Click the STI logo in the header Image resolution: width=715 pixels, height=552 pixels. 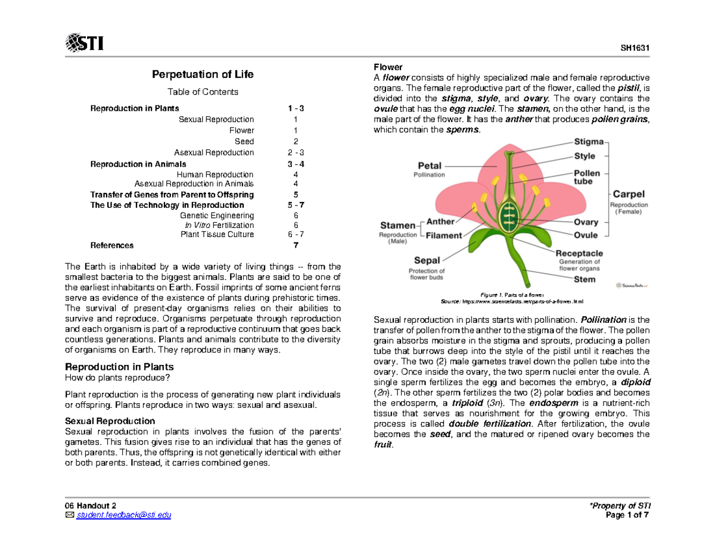84,43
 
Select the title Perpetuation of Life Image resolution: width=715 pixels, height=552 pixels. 203,74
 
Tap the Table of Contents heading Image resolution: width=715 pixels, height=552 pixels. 203,92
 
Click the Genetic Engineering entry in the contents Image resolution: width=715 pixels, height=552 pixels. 217,215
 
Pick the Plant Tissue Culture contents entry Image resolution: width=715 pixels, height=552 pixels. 217,235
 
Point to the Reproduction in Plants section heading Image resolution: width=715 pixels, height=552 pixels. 119,366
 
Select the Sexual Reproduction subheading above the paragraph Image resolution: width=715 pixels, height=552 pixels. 109,420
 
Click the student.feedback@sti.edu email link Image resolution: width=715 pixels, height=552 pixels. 122,515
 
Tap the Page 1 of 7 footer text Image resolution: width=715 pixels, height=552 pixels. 628,515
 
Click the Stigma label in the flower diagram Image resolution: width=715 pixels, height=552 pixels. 589,142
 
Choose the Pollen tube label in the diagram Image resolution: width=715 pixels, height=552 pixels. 587,177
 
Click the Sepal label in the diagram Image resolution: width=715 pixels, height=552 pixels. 427,260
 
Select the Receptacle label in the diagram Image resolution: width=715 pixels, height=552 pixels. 579,253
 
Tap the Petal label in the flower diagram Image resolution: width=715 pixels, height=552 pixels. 429,166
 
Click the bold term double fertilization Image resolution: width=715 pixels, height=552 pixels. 489,423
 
